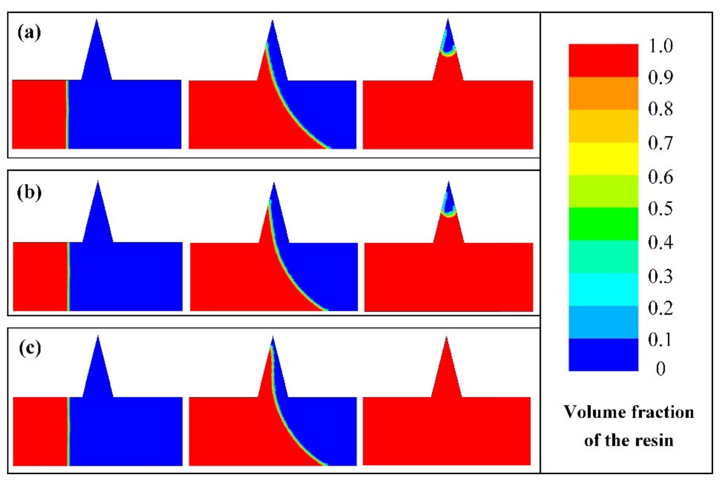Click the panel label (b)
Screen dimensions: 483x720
29,193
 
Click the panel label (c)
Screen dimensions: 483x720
30,348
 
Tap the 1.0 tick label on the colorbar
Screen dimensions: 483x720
660,46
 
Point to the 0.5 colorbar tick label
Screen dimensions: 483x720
660,209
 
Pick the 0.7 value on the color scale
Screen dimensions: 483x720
660,143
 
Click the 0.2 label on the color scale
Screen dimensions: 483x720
660,308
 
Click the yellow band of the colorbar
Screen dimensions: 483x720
603,159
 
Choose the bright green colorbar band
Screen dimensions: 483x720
603,224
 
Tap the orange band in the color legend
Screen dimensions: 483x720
603,93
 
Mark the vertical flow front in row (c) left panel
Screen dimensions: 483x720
68,431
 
